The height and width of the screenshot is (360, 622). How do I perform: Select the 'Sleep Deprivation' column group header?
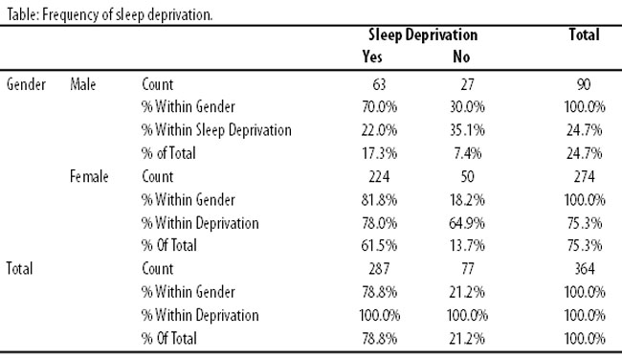[423, 34]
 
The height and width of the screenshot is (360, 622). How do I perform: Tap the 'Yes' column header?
[372, 56]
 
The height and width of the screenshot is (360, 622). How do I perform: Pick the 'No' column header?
[461, 56]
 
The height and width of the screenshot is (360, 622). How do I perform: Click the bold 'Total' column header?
[584, 34]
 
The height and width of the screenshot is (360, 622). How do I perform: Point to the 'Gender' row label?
[26, 84]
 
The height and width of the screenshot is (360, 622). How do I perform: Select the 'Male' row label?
[83, 84]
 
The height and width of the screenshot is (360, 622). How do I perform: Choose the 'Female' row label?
[89, 176]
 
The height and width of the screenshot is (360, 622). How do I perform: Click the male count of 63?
[379, 84]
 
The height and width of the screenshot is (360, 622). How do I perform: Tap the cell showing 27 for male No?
[467, 84]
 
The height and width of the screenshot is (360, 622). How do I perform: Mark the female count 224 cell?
[379, 176]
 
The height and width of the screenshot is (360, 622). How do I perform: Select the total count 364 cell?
[585, 269]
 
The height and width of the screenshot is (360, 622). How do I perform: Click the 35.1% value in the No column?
[467, 130]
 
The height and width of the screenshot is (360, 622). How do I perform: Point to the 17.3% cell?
[379, 153]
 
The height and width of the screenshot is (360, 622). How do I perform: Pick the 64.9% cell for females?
[467, 223]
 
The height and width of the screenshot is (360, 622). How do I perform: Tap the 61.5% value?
[379, 245]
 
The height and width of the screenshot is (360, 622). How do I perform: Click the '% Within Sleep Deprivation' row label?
[216, 130]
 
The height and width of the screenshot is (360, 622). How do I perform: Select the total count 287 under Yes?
[379, 269]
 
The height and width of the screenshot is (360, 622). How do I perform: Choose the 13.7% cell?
[467, 245]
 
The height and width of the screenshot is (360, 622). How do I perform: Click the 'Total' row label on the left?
[19, 268]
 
